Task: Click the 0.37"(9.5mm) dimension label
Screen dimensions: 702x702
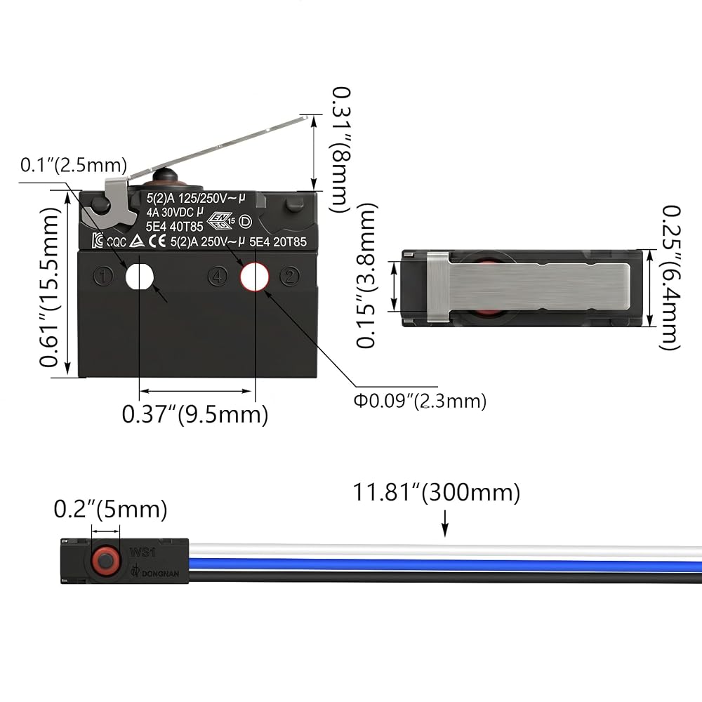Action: point(195,414)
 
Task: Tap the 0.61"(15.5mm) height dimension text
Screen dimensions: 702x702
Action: point(49,287)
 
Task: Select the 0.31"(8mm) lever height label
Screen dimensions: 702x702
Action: point(340,150)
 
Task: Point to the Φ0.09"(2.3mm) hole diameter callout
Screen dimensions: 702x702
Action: point(420,400)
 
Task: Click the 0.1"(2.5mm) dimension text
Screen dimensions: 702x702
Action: point(74,165)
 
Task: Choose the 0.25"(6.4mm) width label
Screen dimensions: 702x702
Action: point(670,277)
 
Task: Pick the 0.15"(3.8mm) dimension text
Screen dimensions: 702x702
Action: point(366,275)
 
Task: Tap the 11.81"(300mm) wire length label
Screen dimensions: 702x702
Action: point(437,492)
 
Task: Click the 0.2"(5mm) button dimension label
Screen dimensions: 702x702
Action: point(111,509)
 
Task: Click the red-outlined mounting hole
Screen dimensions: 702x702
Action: point(254,277)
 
